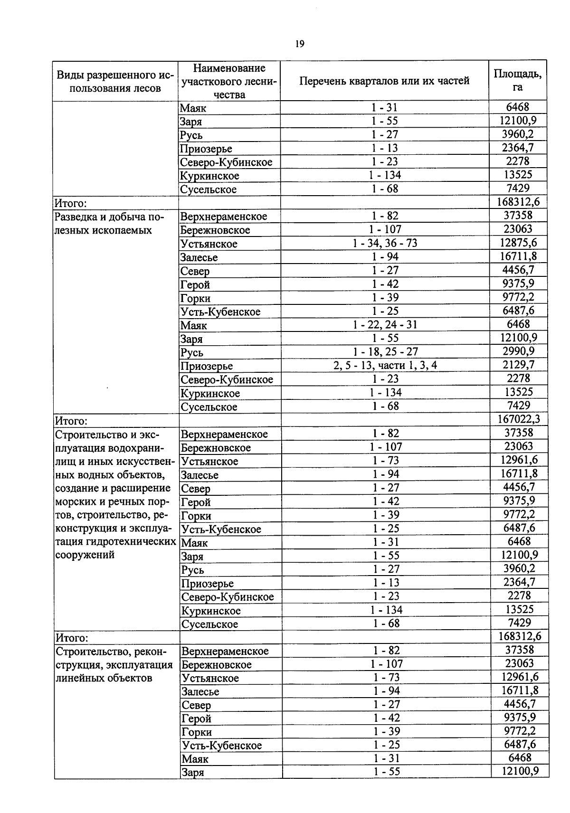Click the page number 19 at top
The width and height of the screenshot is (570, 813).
pyautogui.click(x=299, y=44)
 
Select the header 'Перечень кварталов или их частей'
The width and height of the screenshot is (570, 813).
pyautogui.click(x=384, y=81)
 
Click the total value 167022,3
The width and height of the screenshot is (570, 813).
pyautogui.click(x=519, y=419)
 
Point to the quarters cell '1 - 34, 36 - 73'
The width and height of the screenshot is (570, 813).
pyautogui.click(x=385, y=244)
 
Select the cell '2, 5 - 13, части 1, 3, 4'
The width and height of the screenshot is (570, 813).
pyautogui.click(x=385, y=366)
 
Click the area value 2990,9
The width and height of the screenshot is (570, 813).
pyautogui.click(x=518, y=351)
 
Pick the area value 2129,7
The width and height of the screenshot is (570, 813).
pyautogui.click(x=518, y=365)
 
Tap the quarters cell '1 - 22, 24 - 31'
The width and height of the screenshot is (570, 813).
pyautogui.click(x=385, y=325)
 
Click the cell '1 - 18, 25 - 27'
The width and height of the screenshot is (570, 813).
pyautogui.click(x=385, y=352)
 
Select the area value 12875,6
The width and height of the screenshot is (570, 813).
pyautogui.click(x=519, y=243)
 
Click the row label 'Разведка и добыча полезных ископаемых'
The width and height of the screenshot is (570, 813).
pyautogui.click(x=110, y=224)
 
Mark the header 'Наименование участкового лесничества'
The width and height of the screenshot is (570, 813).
pyautogui.click(x=229, y=81)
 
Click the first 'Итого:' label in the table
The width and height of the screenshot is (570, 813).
pyautogui.click(x=70, y=204)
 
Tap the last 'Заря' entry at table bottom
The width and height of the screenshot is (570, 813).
pyautogui.click(x=192, y=772)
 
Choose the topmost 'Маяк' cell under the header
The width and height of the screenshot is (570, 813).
pyautogui.click(x=193, y=108)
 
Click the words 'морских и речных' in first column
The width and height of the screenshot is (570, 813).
pyautogui.click(x=95, y=501)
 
